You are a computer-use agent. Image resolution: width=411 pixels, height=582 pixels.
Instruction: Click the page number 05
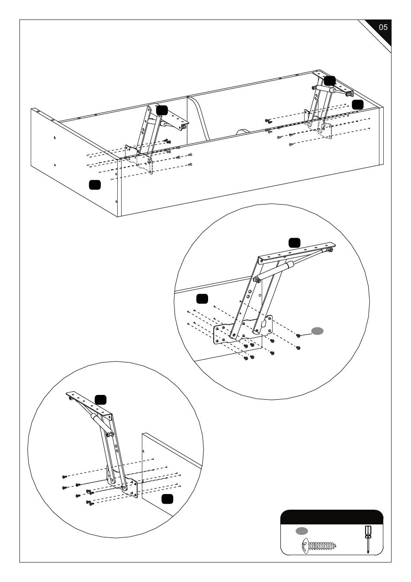pos(383,27)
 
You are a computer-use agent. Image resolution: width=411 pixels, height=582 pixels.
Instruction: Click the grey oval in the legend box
pos(302,530)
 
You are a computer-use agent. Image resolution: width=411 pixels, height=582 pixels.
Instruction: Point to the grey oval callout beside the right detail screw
pos(318,331)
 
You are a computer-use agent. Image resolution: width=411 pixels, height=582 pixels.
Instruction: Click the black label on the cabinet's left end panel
pos(95,184)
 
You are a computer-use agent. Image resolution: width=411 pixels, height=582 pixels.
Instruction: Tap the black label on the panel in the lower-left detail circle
pos(167,499)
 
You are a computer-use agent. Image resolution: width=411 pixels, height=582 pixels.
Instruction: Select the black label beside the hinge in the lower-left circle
pos(101,400)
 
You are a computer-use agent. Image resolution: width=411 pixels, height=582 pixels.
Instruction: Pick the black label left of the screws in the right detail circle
pos(202,298)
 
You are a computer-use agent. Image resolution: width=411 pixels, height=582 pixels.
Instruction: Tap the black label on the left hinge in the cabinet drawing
pos(162,110)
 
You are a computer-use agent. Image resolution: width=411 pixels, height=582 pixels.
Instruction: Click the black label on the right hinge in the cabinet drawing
pos(330,80)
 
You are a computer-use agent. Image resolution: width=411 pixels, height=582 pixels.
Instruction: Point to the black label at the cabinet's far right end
pos(357,104)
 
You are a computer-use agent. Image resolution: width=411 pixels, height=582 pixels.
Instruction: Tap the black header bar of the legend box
pos(332,517)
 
